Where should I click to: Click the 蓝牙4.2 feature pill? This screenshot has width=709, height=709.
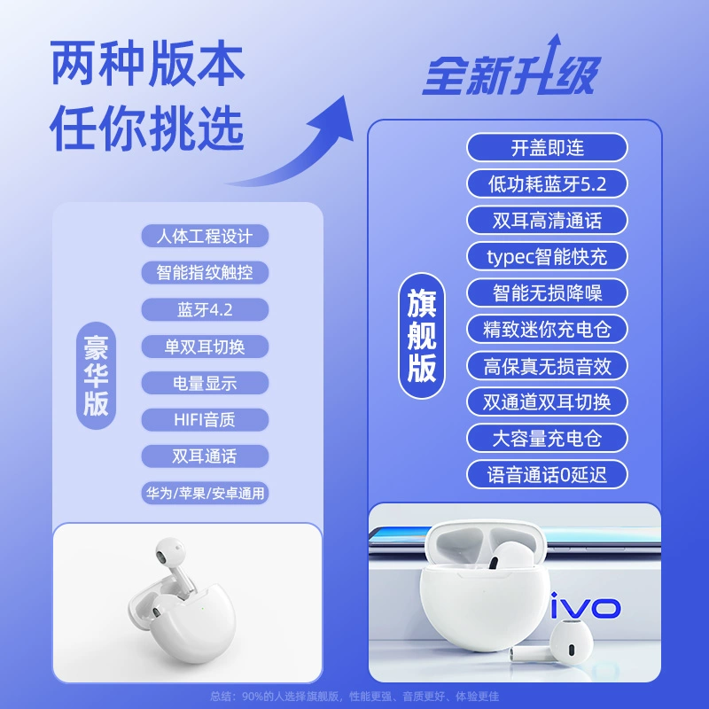coord(205,309)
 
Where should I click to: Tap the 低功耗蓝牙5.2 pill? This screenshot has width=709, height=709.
coord(547,184)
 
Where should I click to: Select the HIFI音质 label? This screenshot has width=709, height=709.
coord(205,420)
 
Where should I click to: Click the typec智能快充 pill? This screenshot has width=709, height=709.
coord(547,256)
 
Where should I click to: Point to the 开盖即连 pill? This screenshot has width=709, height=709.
coord(547,147)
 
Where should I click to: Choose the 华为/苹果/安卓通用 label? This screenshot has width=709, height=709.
coord(205,493)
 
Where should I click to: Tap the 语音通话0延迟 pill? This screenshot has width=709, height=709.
coord(547,475)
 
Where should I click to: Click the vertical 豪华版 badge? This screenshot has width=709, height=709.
coord(96,376)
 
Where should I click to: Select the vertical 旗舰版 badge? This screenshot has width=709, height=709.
coord(422,336)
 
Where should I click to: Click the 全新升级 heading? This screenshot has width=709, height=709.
coord(511,73)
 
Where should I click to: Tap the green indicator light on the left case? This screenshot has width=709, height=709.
coord(202,608)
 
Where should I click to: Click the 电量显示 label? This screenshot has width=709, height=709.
coord(205,384)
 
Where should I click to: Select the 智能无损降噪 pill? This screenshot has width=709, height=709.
coord(547,293)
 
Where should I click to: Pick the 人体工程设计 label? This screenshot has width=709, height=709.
coord(205,236)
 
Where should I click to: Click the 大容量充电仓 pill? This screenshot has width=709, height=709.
coord(547,438)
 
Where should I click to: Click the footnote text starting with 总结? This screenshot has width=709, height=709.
coord(354,697)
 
